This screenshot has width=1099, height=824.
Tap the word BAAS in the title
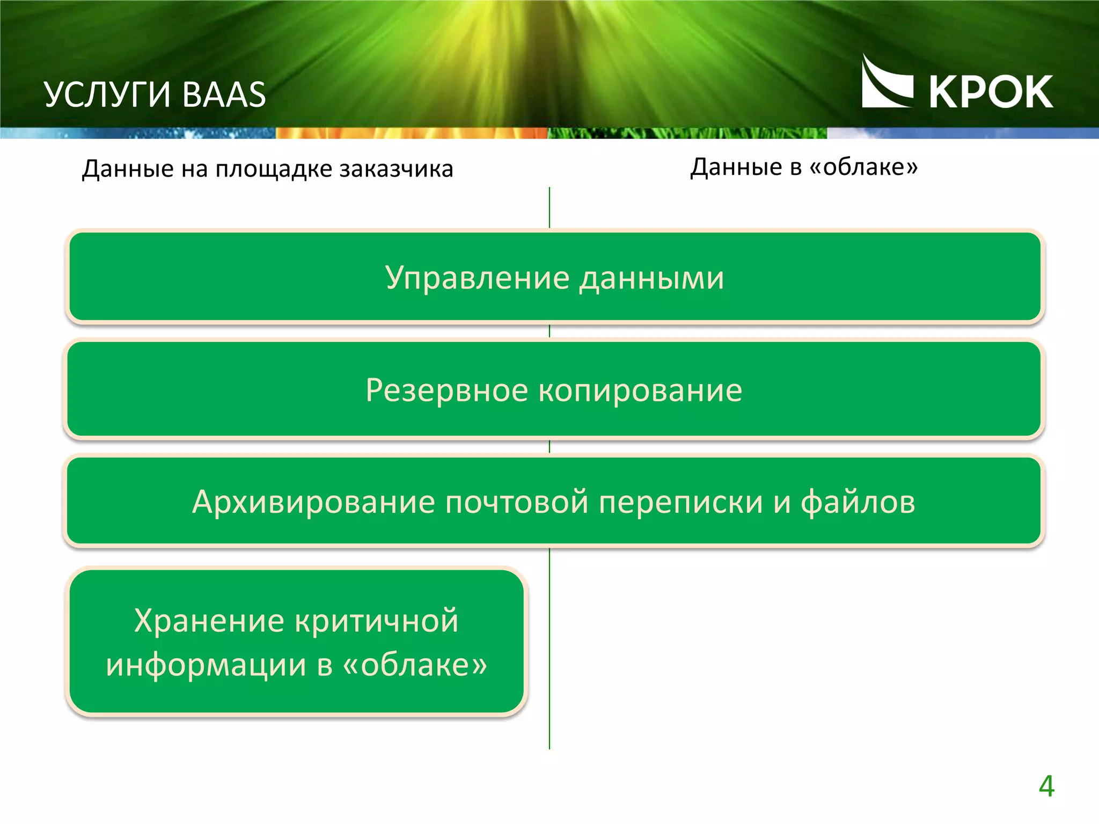(224, 95)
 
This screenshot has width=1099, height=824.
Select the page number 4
(1046, 786)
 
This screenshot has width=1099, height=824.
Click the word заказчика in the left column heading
(397, 169)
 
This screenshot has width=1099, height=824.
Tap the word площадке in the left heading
(274, 169)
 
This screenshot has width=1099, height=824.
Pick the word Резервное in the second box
(446, 390)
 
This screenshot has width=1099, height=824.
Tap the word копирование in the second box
(640, 390)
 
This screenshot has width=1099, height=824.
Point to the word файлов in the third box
(858, 502)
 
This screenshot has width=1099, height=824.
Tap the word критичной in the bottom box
(377, 621)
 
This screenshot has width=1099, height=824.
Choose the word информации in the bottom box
(206, 665)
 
